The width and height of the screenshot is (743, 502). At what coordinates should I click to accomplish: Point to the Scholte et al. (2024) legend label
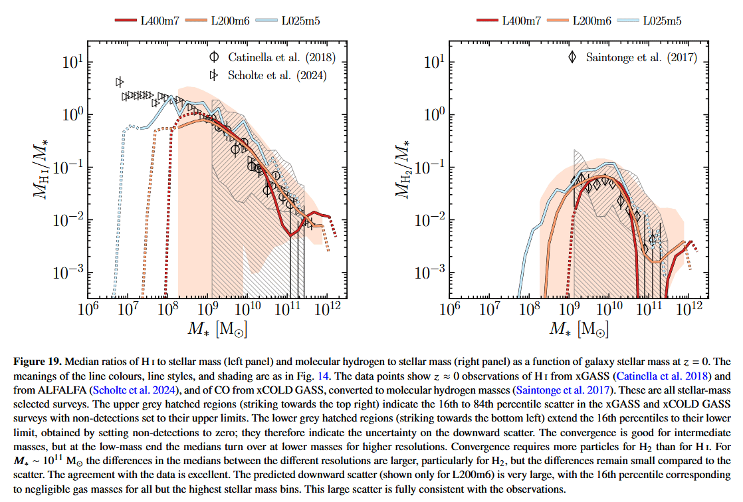(277, 75)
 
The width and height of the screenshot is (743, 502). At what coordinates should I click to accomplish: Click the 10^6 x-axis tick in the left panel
(86, 310)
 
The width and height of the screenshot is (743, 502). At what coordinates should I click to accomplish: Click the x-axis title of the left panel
(207, 330)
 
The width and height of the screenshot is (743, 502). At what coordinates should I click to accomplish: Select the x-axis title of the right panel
(570, 330)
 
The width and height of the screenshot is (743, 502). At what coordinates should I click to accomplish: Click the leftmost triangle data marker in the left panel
(120, 82)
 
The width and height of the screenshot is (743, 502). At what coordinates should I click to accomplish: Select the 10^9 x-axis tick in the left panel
(207, 310)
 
